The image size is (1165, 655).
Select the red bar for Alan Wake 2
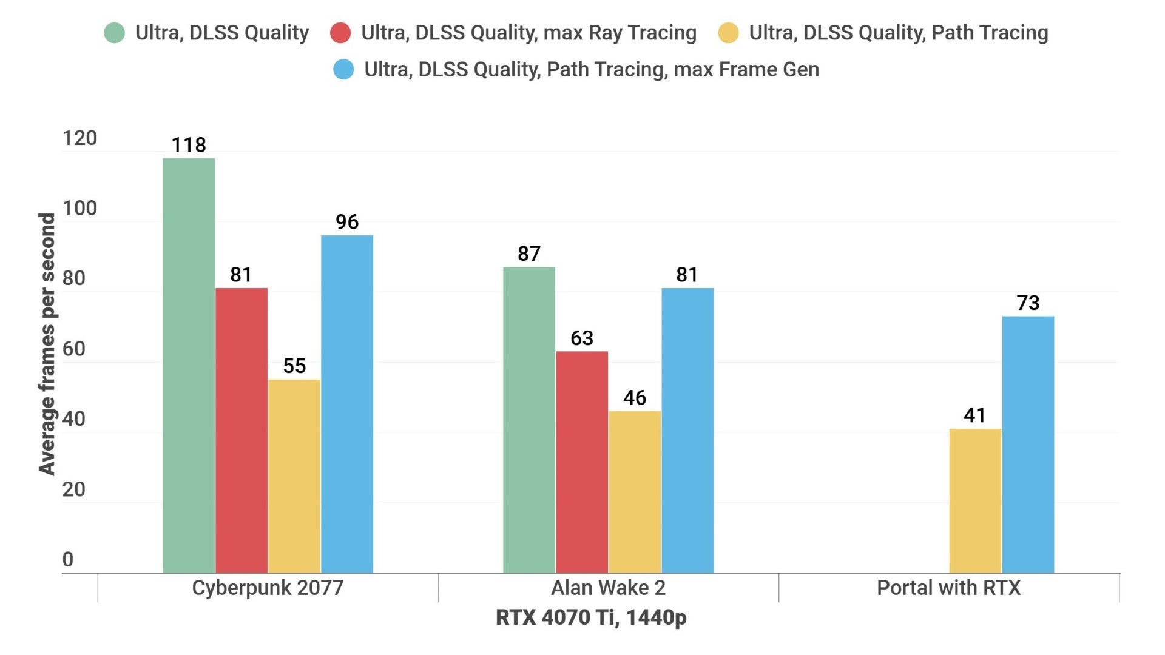tap(582, 462)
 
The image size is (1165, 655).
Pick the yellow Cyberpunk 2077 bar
tap(294, 475)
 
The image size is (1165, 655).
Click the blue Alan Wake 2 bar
tap(687, 430)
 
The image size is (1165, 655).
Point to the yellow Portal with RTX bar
tap(975, 500)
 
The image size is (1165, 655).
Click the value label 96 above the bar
tap(347, 222)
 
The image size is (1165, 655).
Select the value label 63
tap(582, 338)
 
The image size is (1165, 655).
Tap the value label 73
tap(1028, 303)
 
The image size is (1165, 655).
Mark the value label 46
tap(635, 398)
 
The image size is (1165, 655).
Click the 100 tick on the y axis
tap(79, 209)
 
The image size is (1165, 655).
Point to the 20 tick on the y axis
tap(73, 489)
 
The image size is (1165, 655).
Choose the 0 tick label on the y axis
tap(68, 559)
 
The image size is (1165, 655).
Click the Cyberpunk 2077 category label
tap(268, 588)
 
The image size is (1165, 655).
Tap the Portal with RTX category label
tap(948, 588)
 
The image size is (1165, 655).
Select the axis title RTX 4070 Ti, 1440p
tap(591, 617)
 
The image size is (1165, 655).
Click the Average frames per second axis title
tap(47, 344)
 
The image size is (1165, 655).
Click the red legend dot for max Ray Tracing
tap(340, 33)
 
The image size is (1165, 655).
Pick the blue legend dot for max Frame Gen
tap(343, 69)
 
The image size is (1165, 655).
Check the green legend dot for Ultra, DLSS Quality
tap(115, 33)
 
